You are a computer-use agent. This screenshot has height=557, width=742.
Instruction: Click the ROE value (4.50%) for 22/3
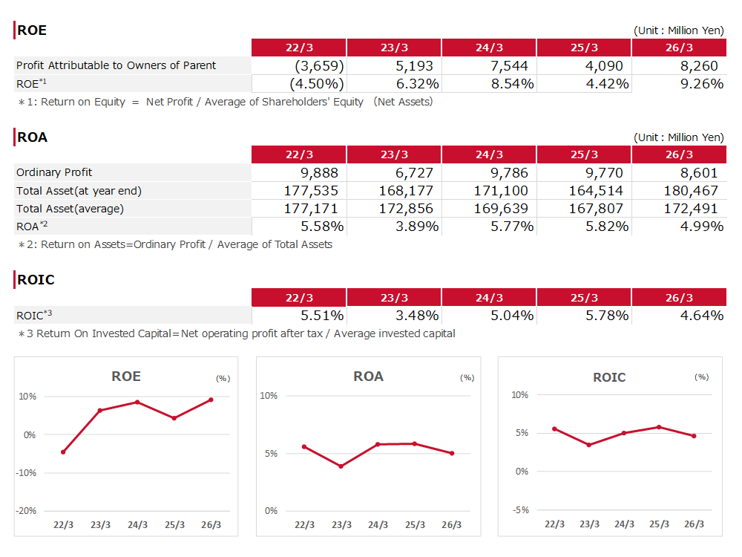click(317, 84)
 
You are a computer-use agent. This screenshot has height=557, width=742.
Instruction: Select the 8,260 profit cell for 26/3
click(699, 66)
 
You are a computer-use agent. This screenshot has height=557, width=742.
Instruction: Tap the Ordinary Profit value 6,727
click(414, 173)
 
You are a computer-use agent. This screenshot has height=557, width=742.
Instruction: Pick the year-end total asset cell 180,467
click(691, 191)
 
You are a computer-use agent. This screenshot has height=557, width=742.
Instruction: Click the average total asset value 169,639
click(501, 209)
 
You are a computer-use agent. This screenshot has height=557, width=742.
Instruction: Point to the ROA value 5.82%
click(607, 227)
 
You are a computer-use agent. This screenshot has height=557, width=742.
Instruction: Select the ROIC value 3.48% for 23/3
click(417, 316)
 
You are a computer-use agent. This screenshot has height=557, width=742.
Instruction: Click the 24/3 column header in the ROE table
click(489, 48)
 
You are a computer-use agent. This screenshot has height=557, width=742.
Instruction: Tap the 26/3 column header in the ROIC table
click(679, 298)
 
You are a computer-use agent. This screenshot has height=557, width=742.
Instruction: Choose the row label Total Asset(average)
click(70, 209)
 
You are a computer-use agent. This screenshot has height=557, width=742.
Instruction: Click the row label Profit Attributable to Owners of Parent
click(116, 65)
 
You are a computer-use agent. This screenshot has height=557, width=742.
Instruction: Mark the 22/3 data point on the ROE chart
click(63, 452)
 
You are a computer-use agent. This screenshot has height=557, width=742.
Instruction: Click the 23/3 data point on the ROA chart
click(341, 466)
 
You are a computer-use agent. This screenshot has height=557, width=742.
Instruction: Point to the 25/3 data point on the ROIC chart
click(659, 427)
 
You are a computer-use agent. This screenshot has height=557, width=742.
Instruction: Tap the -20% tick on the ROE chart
click(26, 511)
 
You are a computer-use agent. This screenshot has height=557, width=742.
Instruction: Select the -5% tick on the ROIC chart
click(521, 510)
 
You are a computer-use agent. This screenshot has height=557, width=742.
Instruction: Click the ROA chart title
click(368, 377)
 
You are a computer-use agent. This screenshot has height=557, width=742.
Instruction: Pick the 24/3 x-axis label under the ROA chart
click(378, 525)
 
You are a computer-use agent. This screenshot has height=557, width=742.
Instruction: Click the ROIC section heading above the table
click(36, 280)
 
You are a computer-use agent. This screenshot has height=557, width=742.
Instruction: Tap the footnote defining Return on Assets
click(175, 244)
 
